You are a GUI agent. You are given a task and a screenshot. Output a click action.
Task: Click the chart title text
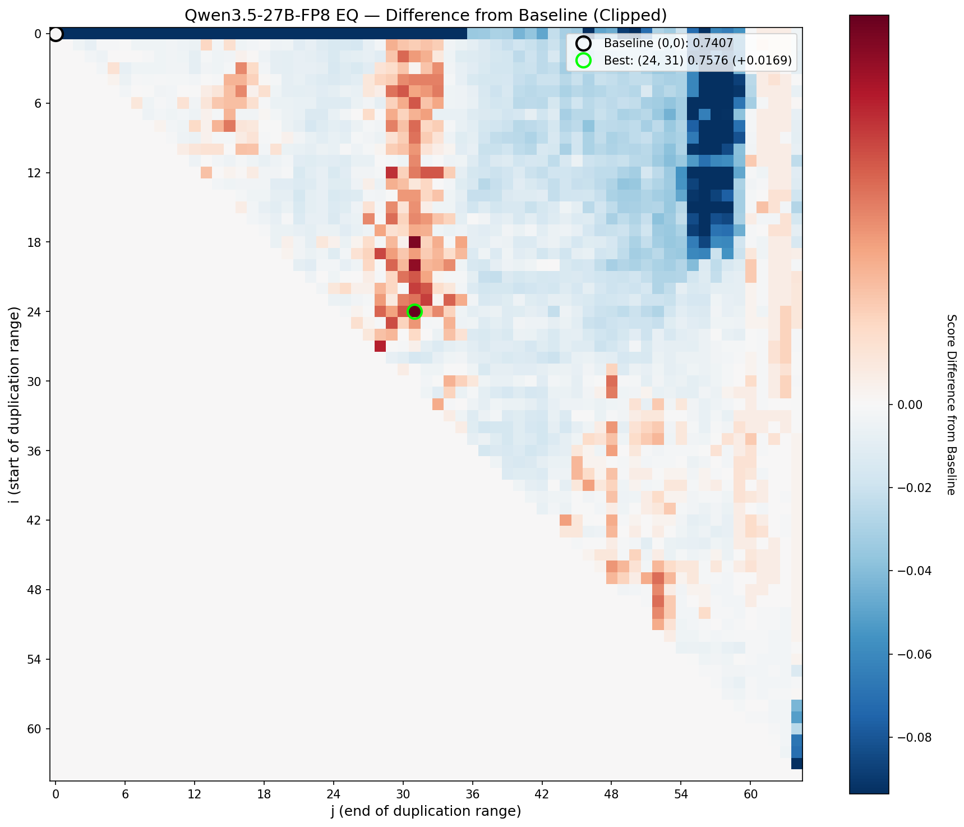(x=426, y=15)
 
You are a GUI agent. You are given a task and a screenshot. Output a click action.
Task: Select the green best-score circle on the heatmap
(x=414, y=311)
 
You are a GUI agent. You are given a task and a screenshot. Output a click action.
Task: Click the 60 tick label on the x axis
(x=751, y=794)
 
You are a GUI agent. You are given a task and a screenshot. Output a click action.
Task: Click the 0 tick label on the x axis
(x=56, y=794)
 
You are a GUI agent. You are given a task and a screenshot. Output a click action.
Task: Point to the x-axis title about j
(x=426, y=811)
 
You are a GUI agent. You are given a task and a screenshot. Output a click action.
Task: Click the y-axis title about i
(x=15, y=404)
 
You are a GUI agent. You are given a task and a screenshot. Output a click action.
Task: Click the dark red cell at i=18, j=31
(x=414, y=242)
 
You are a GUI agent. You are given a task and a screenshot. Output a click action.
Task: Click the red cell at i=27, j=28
(x=380, y=346)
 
